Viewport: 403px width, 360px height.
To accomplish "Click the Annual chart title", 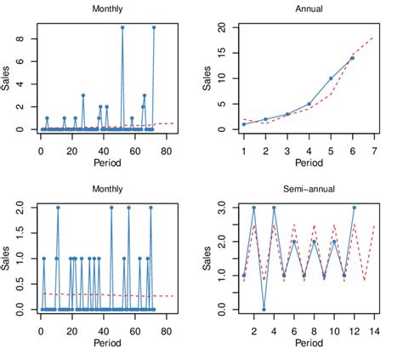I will coord(308,10).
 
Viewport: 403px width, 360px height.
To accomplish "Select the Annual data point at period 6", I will coord(352,58).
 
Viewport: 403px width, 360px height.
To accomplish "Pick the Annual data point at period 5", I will coord(331,78).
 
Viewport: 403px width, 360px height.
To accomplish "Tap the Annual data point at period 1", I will coord(243,124).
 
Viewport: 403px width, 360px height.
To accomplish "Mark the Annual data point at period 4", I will coord(309,104).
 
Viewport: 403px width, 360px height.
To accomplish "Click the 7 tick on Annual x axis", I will coord(374,150).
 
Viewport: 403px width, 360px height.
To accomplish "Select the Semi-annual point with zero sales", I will coord(264,310).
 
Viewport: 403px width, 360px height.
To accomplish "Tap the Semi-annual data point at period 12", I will coord(354,208).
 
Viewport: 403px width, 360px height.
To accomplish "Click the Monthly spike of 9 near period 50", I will coord(122,27).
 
